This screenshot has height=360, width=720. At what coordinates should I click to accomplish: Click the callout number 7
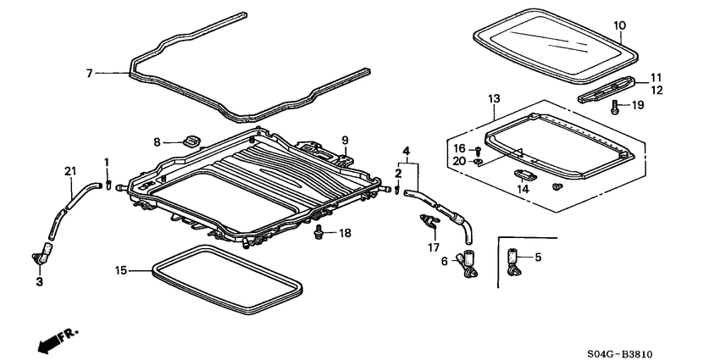pos(88,74)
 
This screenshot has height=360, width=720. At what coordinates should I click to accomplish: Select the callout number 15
pos(120,270)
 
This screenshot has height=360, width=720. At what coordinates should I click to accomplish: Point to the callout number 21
pos(69,172)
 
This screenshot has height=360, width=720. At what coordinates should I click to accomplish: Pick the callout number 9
pos(345,140)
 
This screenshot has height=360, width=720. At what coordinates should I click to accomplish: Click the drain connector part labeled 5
pos(514,261)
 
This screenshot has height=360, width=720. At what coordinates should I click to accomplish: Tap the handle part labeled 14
pos(522,174)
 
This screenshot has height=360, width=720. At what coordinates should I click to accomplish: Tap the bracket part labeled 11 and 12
pos(607,91)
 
